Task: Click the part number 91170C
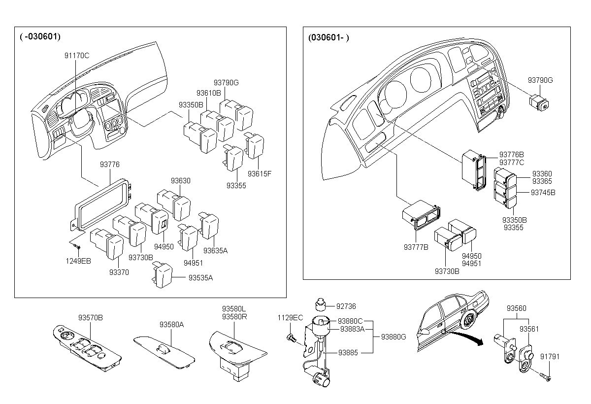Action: [x=77, y=56]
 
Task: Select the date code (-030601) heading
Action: [x=40, y=36]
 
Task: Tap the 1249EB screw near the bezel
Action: [x=77, y=247]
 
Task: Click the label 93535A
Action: [x=200, y=278]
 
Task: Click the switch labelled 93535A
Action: [x=162, y=275]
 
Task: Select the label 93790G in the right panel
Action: [x=540, y=80]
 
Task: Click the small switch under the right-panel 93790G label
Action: [x=539, y=103]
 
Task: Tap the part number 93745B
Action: [x=543, y=193]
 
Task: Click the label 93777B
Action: [x=416, y=247]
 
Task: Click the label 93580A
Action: [x=171, y=325]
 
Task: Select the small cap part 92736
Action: [x=321, y=305]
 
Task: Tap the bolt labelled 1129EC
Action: [x=291, y=337]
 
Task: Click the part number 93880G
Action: [x=394, y=337]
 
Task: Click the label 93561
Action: [x=529, y=329]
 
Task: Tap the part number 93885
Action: [x=348, y=353]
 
